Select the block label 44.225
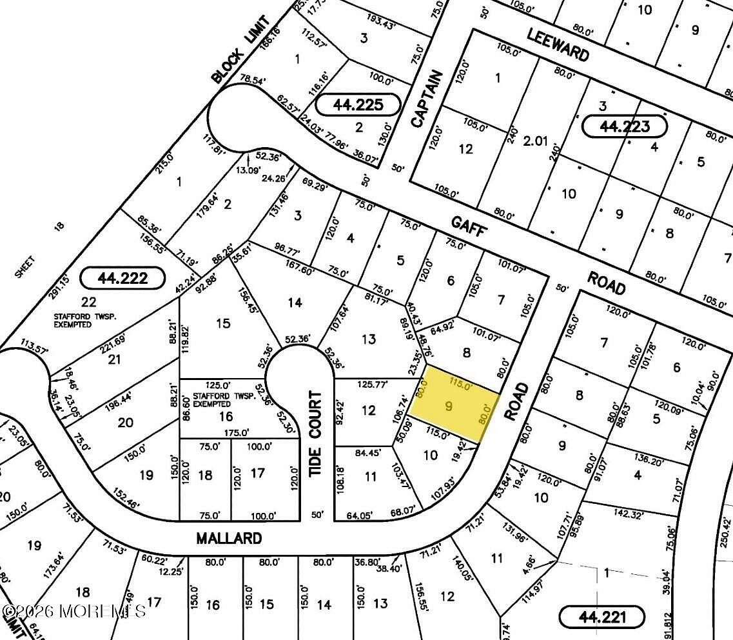(358, 104)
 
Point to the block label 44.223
(624, 126)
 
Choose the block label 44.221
(601, 617)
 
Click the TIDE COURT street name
(316, 434)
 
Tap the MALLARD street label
(230, 538)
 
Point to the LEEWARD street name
(558, 44)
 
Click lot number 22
(89, 301)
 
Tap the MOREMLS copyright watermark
(74, 610)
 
